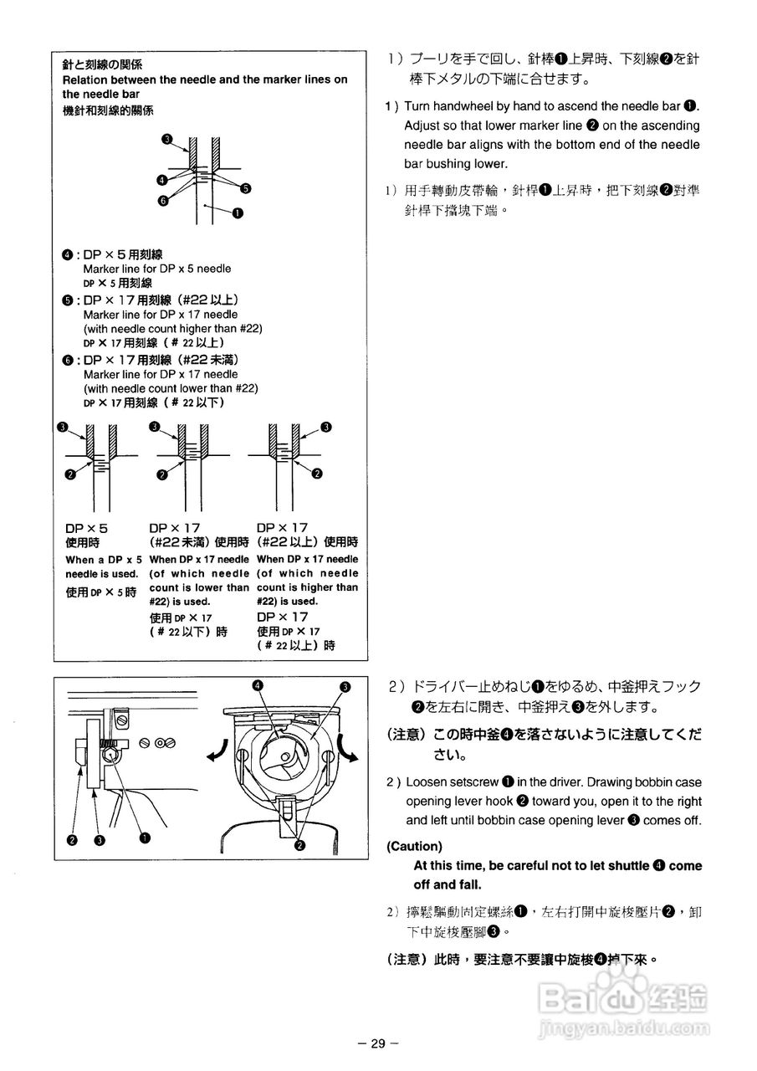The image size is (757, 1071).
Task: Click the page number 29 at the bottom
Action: pyautogui.click(x=377, y=1043)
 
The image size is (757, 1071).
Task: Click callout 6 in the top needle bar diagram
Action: pyautogui.click(x=163, y=200)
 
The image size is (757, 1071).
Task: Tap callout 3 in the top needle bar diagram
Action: pyautogui.click(x=166, y=139)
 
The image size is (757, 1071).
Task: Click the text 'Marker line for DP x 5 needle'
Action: pyautogui.click(x=157, y=269)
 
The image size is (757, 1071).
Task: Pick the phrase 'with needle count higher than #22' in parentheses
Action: pyautogui.click(x=172, y=329)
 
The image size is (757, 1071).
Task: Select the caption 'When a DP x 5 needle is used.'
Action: pyautogui.click(x=101, y=566)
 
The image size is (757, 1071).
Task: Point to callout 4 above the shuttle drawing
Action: pyautogui.click(x=258, y=685)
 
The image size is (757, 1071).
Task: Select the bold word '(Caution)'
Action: pyautogui.click(x=414, y=846)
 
